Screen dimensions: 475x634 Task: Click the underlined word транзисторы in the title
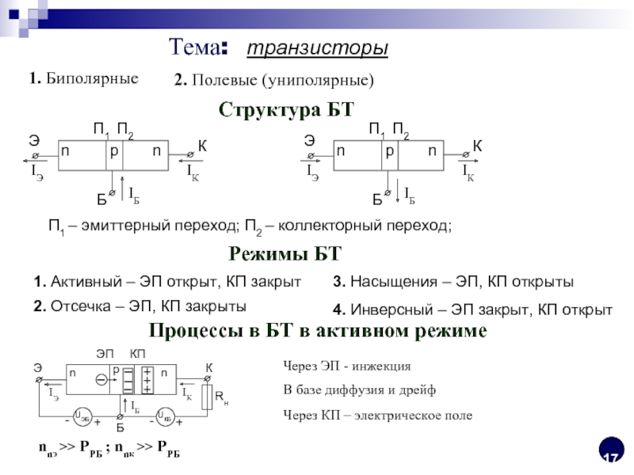tap(317, 49)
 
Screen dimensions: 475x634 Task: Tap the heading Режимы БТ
tap(285, 253)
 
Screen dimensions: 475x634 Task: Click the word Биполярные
tap(92, 78)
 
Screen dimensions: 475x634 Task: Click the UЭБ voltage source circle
tap(81, 416)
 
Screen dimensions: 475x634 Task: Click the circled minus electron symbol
tap(102, 381)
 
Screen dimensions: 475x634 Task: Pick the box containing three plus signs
tap(147, 381)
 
